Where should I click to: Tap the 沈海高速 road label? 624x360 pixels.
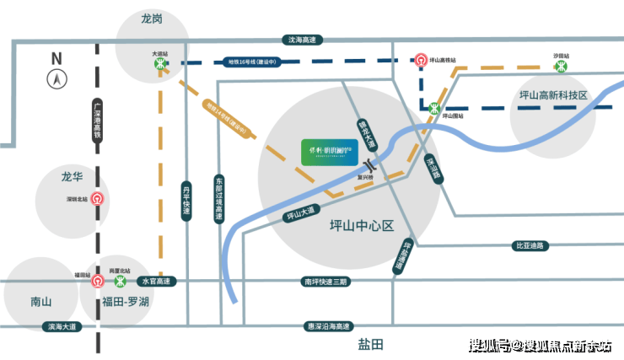coord(300,40)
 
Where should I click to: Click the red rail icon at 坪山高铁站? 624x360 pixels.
coord(421,62)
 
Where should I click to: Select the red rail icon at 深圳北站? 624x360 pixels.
coord(98,200)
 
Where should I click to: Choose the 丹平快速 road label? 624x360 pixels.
coord(187,202)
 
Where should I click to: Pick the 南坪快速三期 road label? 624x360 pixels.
coord(324,281)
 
